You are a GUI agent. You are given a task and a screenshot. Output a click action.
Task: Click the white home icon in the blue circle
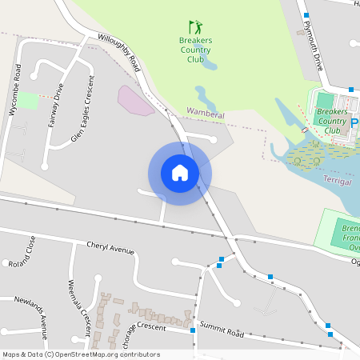coord(179,173)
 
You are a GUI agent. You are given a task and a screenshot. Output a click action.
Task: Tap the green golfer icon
coord(195,27)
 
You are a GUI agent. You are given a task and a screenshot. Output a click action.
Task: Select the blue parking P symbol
coord(354,124)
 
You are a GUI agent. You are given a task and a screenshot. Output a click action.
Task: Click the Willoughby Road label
coord(119,52)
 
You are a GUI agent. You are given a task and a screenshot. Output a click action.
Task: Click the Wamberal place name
coord(205,114)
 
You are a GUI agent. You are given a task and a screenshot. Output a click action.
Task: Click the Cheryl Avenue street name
coord(110,250)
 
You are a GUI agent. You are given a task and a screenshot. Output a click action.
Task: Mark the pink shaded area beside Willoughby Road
coord(135,102)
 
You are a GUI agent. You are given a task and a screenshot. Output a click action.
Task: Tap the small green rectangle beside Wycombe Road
coord(28,101)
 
